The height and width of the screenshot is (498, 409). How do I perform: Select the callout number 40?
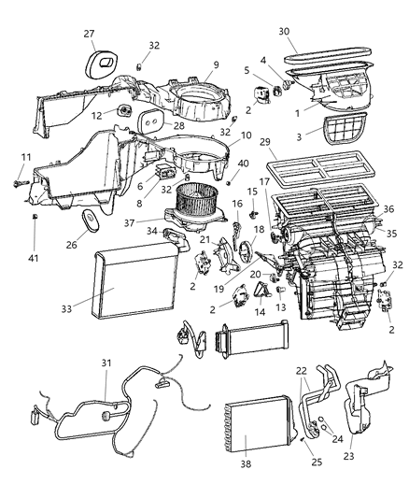coord(244,164)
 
